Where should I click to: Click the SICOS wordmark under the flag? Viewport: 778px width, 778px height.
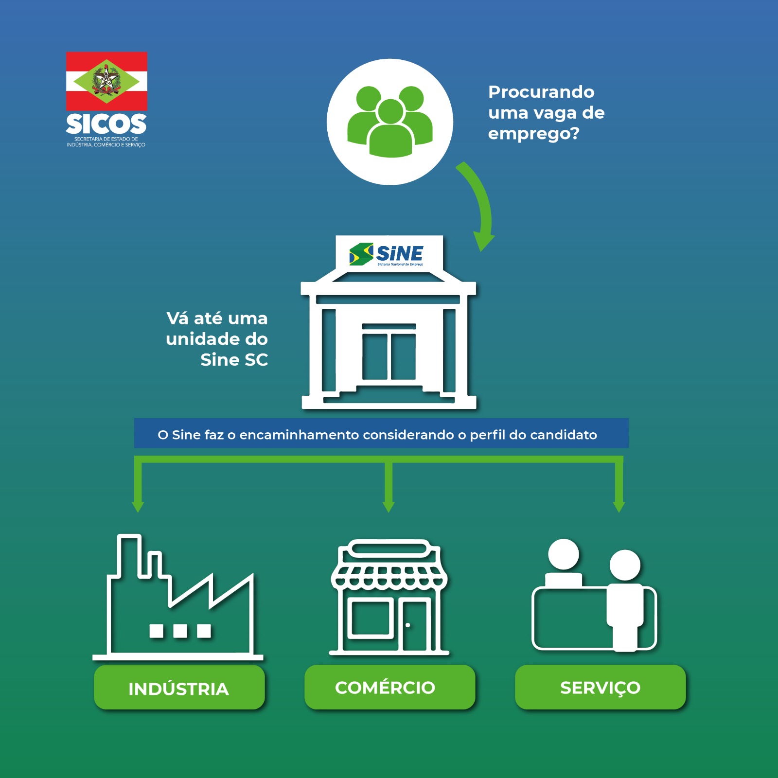point(106,124)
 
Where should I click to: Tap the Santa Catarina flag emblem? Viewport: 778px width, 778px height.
point(106,81)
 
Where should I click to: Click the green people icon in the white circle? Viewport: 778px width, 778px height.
point(390,122)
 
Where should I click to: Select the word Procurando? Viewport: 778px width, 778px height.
point(541,92)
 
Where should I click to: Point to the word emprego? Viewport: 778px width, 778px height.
point(533,133)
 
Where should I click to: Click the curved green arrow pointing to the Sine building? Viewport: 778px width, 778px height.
point(479,204)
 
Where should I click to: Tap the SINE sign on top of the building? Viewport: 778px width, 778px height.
point(389,254)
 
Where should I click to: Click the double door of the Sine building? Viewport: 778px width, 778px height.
point(389,355)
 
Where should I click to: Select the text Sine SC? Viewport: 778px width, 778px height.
point(234,360)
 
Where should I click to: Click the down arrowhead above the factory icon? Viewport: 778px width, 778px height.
point(138,506)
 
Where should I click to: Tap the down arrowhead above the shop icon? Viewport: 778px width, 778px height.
point(389,506)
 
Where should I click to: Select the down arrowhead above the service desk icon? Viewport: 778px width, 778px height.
point(619,506)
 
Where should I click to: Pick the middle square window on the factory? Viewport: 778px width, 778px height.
point(180,631)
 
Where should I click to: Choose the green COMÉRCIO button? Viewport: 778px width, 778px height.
point(389,687)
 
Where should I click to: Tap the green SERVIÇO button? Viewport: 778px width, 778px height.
point(600,687)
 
